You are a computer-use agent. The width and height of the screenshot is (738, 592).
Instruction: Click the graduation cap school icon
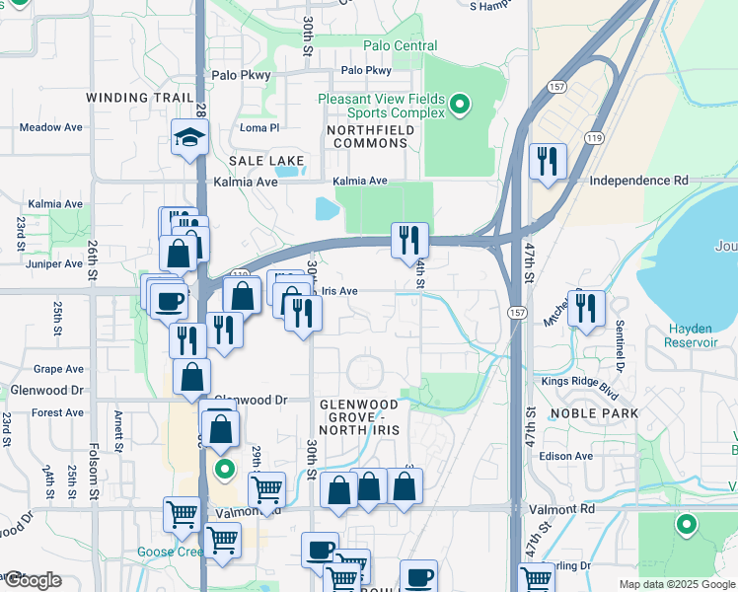coord(187,138)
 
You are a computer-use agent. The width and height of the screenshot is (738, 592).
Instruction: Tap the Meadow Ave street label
coord(50,127)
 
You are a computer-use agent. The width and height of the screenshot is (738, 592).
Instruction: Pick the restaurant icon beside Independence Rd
coord(548,160)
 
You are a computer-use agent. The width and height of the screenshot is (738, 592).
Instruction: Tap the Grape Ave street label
coord(58,369)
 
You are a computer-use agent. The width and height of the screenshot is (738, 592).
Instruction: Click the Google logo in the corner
coord(32,580)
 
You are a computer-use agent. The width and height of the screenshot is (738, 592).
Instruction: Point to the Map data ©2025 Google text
coord(677,584)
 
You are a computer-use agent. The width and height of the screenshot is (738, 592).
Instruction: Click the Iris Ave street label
coord(339,291)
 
